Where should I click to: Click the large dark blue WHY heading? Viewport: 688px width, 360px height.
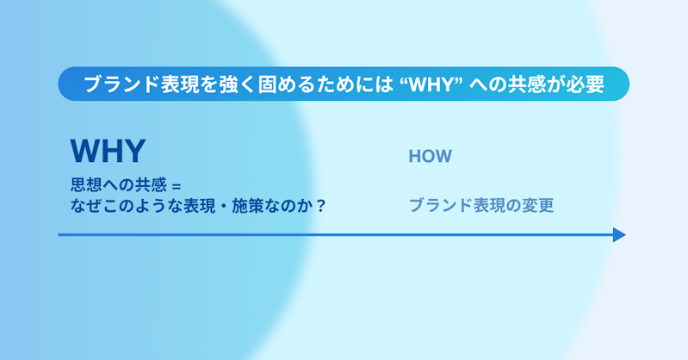tap(108, 151)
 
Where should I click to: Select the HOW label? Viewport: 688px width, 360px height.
tap(430, 156)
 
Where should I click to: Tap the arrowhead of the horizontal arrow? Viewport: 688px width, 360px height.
tap(619, 235)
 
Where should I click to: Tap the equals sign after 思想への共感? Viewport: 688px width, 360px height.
tap(177, 186)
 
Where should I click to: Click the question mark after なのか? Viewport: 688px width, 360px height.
tap(321, 206)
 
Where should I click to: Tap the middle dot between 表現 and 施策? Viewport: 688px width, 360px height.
tap(224, 206)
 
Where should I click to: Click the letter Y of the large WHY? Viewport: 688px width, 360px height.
tap(134, 151)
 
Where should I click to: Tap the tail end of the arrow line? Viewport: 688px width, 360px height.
tap(59, 235)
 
